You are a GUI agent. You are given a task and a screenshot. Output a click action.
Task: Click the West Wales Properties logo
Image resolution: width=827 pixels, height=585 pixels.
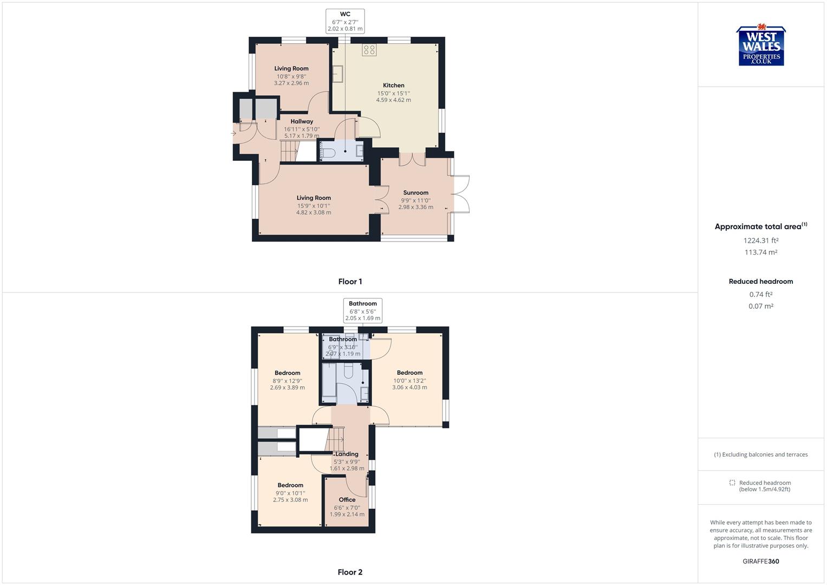click(x=760, y=46)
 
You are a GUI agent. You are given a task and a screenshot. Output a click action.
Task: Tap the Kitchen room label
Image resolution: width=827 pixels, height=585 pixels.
click(x=393, y=86)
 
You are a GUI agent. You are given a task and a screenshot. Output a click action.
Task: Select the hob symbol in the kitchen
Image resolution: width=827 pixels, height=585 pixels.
click(x=369, y=50)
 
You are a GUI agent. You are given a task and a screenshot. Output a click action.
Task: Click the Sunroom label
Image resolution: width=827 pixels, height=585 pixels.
click(x=415, y=193)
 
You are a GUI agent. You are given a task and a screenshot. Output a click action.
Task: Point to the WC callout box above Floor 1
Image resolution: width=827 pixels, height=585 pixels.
click(x=345, y=22)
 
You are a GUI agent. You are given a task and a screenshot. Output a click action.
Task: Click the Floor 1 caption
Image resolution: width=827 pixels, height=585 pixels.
click(x=350, y=282)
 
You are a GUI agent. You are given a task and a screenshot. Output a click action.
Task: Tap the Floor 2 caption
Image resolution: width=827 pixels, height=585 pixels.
click(x=350, y=572)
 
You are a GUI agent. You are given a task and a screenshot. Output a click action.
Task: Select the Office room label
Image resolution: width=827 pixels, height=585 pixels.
click(x=347, y=500)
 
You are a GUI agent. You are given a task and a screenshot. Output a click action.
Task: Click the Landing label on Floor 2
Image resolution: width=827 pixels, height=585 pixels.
click(x=347, y=454)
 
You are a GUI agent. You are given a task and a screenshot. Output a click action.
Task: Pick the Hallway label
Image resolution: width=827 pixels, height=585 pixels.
click(x=302, y=121)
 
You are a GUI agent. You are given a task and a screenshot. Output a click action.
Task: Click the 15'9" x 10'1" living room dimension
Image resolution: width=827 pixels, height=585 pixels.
click(x=314, y=206)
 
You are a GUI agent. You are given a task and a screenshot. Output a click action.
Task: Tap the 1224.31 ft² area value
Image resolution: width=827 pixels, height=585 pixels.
click(x=760, y=240)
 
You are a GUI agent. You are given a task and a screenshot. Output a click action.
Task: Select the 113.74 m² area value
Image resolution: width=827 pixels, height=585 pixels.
click(x=760, y=252)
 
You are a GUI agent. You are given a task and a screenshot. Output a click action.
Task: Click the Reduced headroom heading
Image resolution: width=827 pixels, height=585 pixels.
click(x=760, y=282)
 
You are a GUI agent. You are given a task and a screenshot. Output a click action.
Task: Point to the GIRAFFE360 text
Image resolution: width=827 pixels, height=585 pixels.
click(x=760, y=561)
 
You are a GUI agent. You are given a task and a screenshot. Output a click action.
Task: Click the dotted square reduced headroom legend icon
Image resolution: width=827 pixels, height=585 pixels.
click(x=732, y=483)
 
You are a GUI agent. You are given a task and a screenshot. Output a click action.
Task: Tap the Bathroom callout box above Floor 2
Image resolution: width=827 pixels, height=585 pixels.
click(x=363, y=311)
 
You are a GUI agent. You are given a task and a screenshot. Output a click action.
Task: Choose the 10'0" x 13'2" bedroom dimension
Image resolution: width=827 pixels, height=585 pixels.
click(x=409, y=381)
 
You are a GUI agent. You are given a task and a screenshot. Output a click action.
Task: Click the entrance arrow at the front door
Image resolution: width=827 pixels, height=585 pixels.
click(x=233, y=133)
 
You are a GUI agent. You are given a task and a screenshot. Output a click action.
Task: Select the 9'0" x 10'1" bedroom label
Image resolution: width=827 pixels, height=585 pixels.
click(x=290, y=493)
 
